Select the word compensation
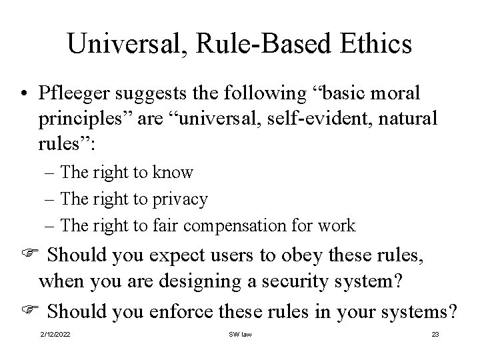[239, 225]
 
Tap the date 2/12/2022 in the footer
[56, 334]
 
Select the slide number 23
[435, 334]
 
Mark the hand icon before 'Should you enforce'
[26, 310]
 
